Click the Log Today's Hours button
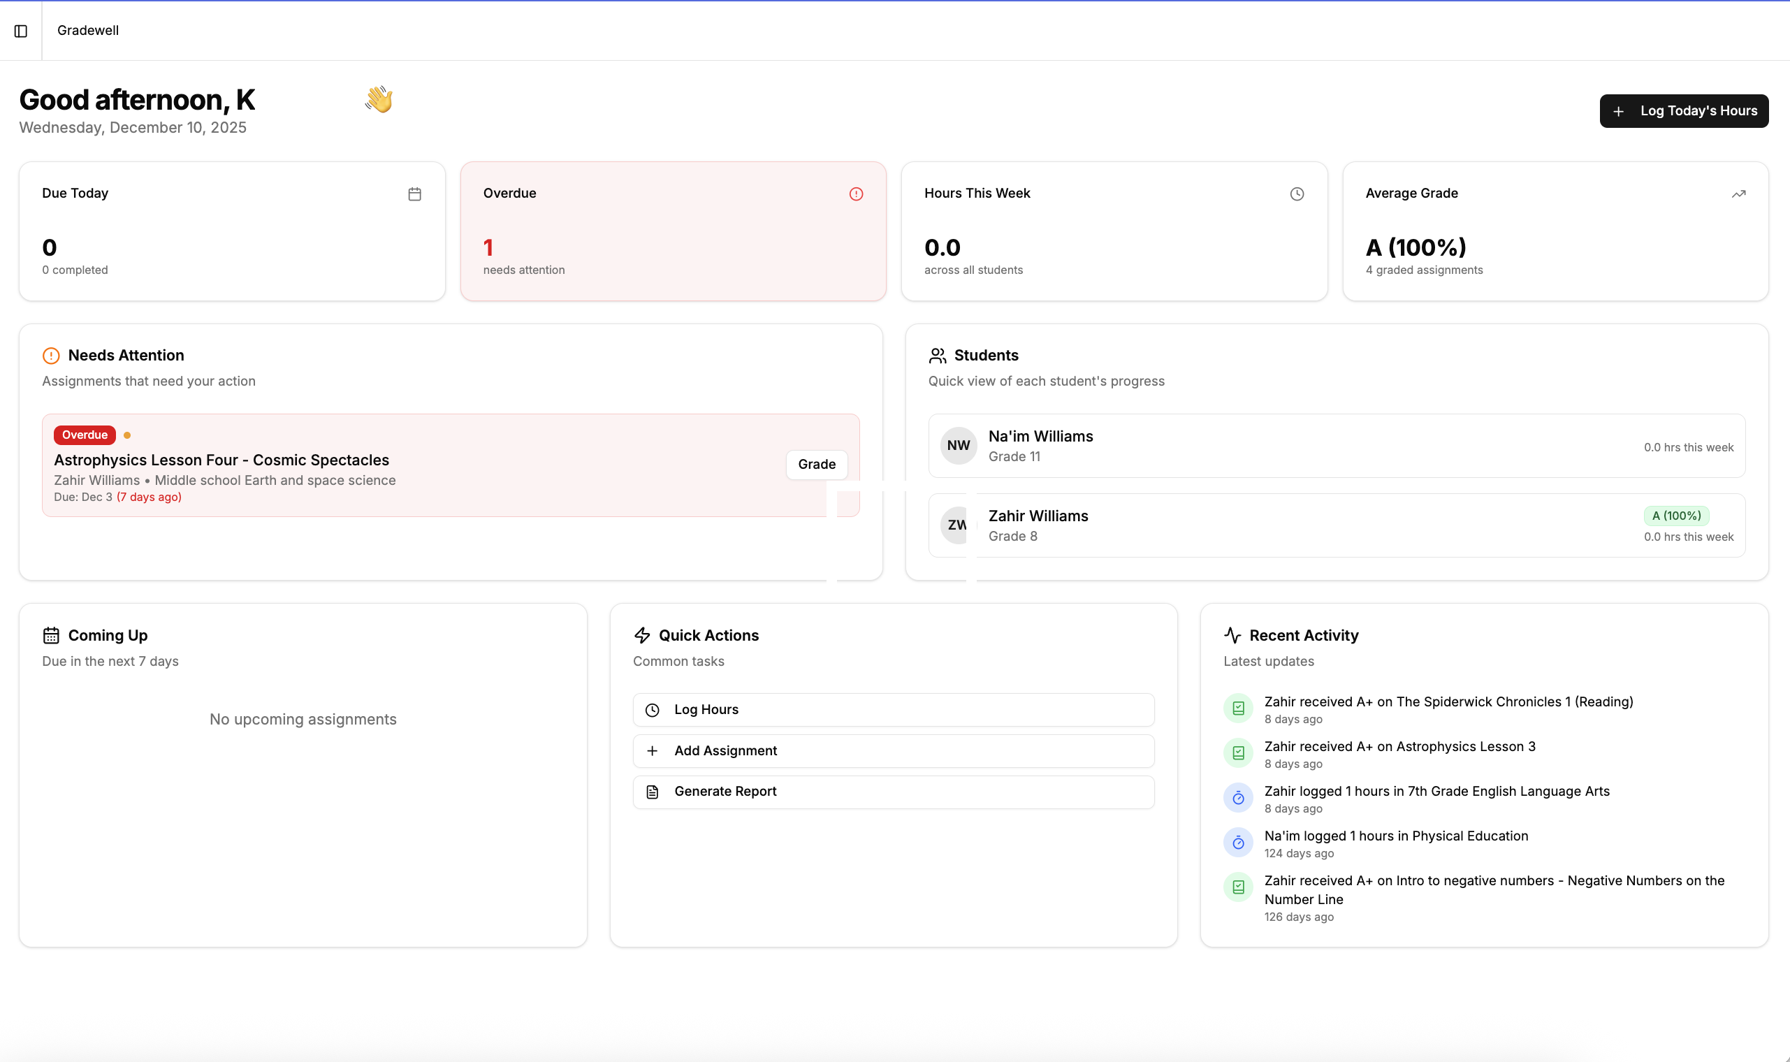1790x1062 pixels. (1683, 111)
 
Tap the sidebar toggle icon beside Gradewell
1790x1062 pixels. (21, 31)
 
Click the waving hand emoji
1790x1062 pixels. (379, 99)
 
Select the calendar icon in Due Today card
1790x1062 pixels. (414, 194)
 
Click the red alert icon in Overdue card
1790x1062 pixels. (856, 194)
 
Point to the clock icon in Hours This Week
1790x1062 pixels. (1296, 194)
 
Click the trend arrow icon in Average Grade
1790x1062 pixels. (1738, 194)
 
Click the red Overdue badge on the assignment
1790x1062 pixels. (85, 435)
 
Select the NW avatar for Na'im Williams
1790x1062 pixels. (958, 446)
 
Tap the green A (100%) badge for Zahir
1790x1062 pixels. (1675, 516)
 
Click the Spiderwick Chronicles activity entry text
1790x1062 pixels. (1448, 702)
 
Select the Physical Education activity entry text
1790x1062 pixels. (1395, 836)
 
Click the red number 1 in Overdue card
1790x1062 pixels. (488, 247)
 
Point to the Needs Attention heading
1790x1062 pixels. (126, 356)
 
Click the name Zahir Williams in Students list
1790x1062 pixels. (1038, 516)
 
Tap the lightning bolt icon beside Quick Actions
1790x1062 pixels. (642, 636)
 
